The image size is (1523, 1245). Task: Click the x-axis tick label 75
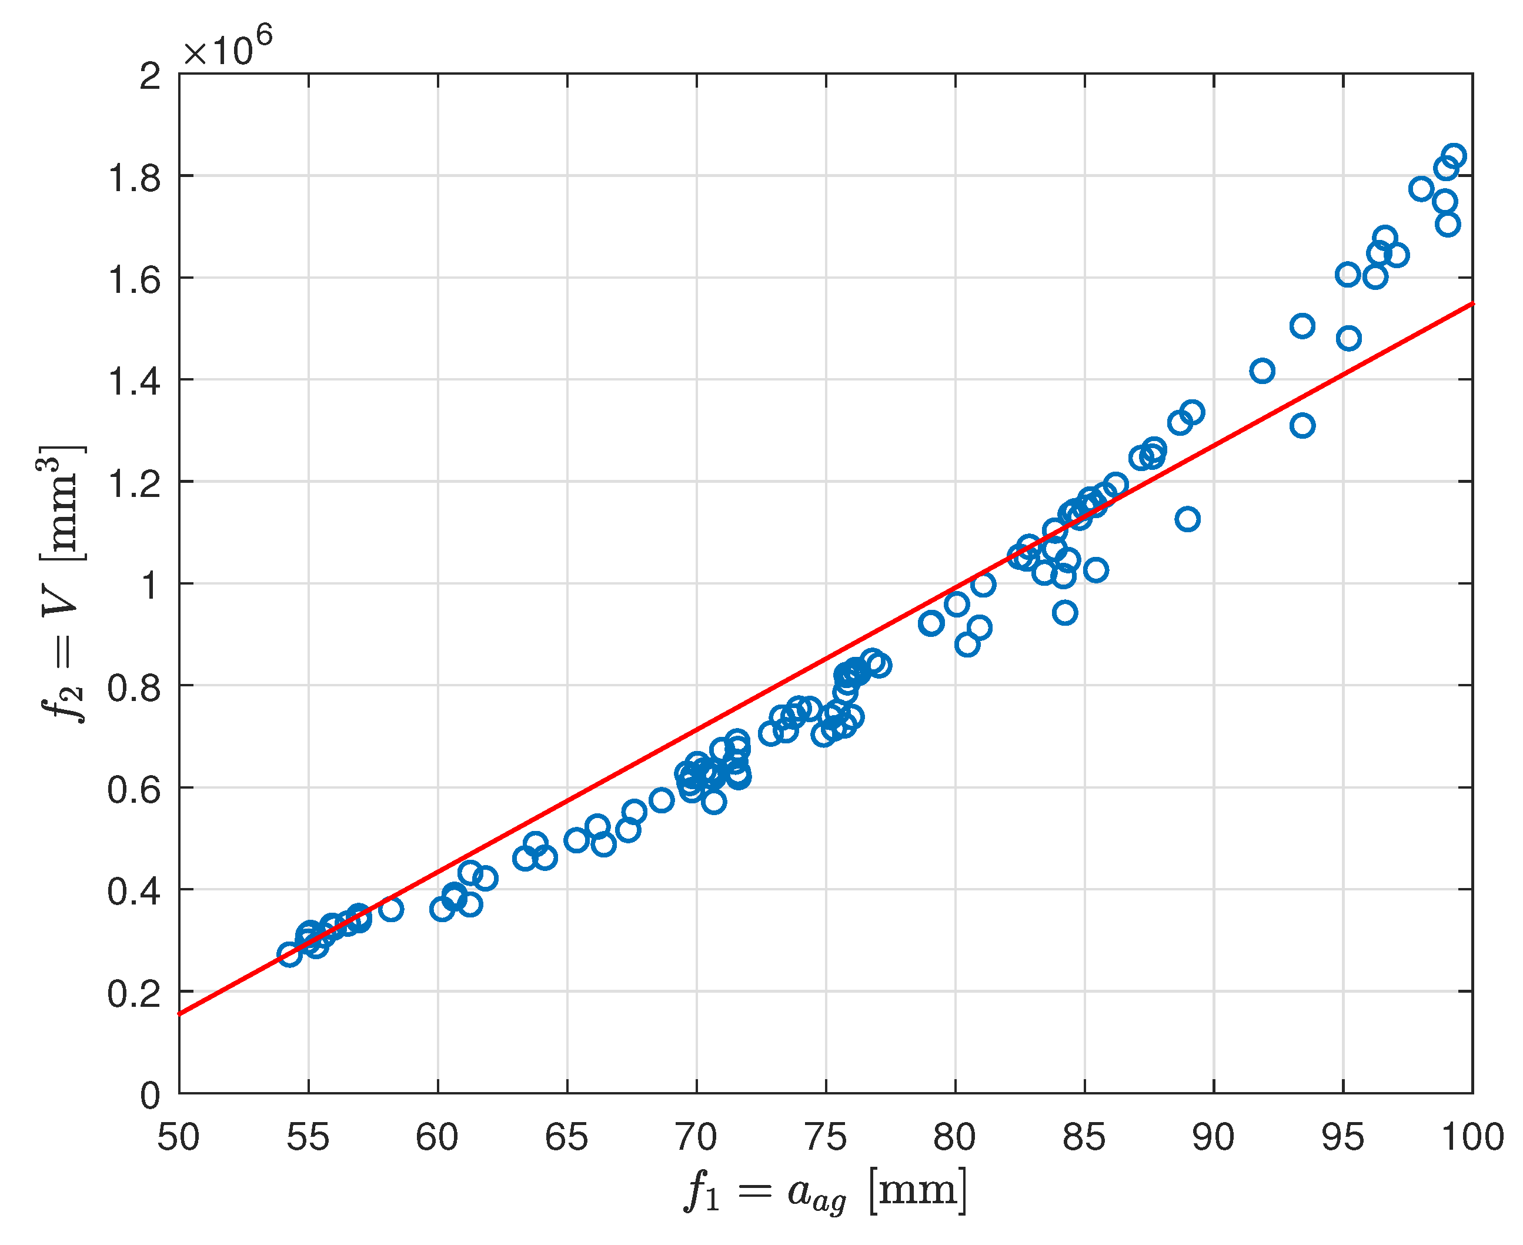coord(826,1138)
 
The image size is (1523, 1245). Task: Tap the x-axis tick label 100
coord(1471,1138)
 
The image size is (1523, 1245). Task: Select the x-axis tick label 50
coord(179,1138)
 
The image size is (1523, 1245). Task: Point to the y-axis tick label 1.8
coord(134,176)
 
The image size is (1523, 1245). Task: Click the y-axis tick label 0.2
coord(134,993)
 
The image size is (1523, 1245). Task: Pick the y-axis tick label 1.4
coord(134,380)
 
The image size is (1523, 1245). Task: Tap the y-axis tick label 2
coord(150,75)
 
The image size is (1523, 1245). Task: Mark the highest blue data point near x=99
coord(1454,156)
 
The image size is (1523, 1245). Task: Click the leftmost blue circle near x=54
coord(289,954)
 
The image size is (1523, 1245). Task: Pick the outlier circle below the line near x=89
coord(1187,519)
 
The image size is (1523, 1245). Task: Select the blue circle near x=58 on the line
coord(391,909)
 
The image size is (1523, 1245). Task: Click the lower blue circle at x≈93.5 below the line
coord(1302,426)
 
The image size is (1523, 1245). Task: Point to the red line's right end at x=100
coord(1470,305)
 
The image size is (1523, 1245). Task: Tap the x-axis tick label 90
coord(1213,1138)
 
